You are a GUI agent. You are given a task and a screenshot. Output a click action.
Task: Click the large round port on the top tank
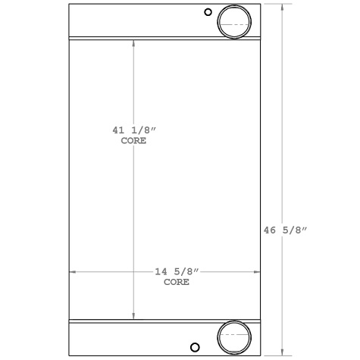tap(233, 22)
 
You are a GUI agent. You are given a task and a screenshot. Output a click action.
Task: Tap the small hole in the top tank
tap(208, 12)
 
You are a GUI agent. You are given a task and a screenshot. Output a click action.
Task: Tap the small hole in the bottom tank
tap(196, 348)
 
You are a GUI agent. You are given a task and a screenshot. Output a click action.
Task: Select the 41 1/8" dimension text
tap(133, 131)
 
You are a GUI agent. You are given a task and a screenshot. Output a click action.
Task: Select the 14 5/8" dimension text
tap(177, 271)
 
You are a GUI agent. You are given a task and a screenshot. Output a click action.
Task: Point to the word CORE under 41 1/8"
tap(133, 141)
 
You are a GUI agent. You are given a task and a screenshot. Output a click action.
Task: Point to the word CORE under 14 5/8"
tap(177, 281)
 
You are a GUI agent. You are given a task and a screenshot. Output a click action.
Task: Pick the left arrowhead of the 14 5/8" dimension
tap(73, 271)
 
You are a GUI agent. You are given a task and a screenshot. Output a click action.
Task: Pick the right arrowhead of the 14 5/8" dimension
tap(257, 271)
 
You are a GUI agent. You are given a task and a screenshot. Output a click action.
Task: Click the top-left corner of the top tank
tap(69, 5)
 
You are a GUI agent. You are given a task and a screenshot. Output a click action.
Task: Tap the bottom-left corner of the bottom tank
tap(69, 354)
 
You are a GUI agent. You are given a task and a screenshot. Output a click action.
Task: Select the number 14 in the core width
tap(160, 271)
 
